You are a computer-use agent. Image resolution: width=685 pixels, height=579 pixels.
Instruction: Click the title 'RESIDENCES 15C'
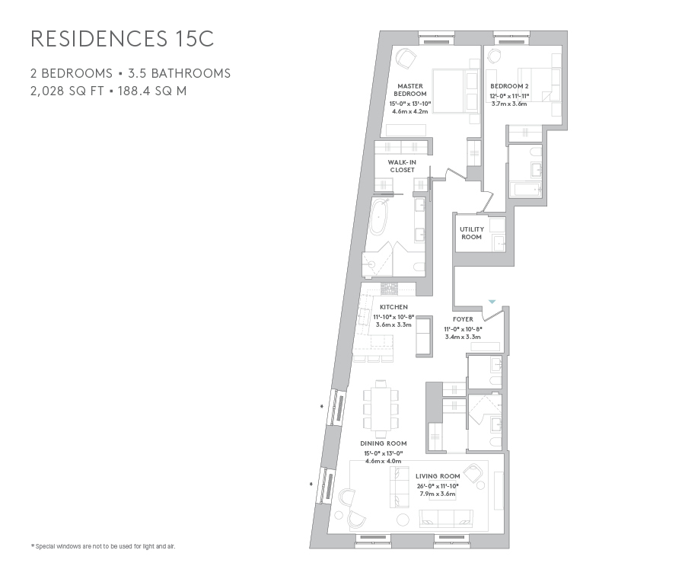(122, 40)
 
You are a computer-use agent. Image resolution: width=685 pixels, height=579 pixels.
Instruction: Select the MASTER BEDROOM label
(410, 90)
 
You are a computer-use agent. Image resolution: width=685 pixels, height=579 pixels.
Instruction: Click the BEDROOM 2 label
(509, 86)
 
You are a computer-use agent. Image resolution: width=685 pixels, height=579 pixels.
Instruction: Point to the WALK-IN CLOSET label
(402, 166)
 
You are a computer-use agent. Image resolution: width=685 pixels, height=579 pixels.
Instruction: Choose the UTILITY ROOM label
(471, 232)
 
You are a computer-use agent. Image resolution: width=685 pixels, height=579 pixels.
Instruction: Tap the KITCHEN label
(393, 307)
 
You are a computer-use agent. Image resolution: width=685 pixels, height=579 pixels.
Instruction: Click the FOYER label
(463, 319)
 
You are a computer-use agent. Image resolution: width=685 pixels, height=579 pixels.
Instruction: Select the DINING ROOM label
(384, 443)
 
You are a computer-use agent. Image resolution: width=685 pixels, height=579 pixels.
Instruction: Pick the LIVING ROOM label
(436, 476)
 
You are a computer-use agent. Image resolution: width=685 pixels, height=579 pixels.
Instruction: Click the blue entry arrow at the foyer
(492, 302)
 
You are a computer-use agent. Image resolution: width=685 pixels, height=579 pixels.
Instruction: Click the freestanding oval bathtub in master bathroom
(378, 219)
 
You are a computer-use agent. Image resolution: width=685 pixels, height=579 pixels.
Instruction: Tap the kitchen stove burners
(389, 289)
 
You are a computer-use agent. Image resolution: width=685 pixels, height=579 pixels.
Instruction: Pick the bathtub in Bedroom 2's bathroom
(525, 189)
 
